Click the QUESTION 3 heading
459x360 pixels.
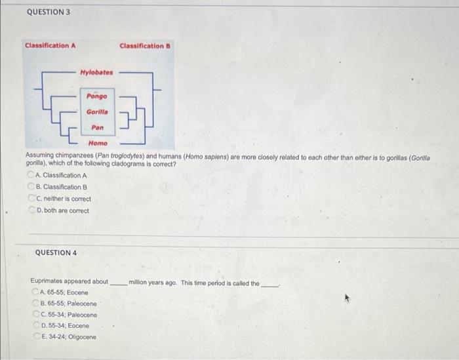[49, 12]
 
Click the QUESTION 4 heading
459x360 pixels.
[56, 252]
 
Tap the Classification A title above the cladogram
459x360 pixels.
[50, 46]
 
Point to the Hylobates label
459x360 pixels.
[96, 72]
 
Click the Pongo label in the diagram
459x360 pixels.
[97, 96]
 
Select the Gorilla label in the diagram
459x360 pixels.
[97, 111]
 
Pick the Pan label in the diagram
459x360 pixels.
[97, 127]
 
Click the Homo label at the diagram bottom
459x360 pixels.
[98, 143]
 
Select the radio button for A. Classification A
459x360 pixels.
[31, 175]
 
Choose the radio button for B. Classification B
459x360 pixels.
[31, 187]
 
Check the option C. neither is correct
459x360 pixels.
[31, 199]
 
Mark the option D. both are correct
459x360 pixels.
[31, 210]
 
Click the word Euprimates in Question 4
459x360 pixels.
[46, 281]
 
